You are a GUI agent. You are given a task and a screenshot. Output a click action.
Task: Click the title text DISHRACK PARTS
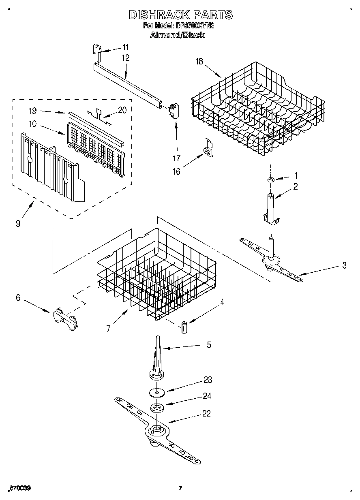[x=180, y=15]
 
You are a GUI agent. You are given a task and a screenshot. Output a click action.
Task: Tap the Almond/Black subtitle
[x=177, y=35]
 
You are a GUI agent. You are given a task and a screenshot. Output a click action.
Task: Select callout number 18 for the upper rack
[x=199, y=62]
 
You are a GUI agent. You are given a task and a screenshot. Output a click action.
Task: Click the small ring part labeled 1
[x=271, y=179]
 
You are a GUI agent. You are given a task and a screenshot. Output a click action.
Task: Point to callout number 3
[x=344, y=265]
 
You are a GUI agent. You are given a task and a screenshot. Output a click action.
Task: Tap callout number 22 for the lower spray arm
[x=207, y=414]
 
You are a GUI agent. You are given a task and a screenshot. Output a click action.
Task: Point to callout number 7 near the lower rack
[x=108, y=329]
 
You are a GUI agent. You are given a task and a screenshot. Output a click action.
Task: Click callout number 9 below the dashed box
[x=18, y=223]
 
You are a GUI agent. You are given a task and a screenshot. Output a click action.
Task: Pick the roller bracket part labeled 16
[x=208, y=149]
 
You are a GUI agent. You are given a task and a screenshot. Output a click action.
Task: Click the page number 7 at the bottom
[x=181, y=488]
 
